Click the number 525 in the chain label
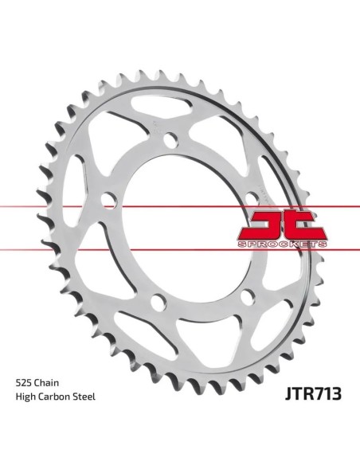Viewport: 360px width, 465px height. pyautogui.click(x=24, y=382)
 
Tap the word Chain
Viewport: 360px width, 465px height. pyautogui.click(x=46, y=382)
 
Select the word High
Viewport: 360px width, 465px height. pyautogui.click(x=25, y=397)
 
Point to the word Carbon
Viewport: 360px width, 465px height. pyautogui.click(x=53, y=397)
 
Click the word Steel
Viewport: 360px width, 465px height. pyautogui.click(x=84, y=397)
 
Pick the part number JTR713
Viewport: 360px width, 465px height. pyautogui.click(x=313, y=394)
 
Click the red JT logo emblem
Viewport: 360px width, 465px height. pyautogui.click(x=282, y=226)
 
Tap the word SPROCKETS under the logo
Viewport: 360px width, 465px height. pyautogui.click(x=282, y=244)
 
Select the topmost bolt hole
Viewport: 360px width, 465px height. pyautogui.click(x=170, y=139)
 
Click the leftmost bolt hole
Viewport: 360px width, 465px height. pyautogui.click(x=109, y=200)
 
